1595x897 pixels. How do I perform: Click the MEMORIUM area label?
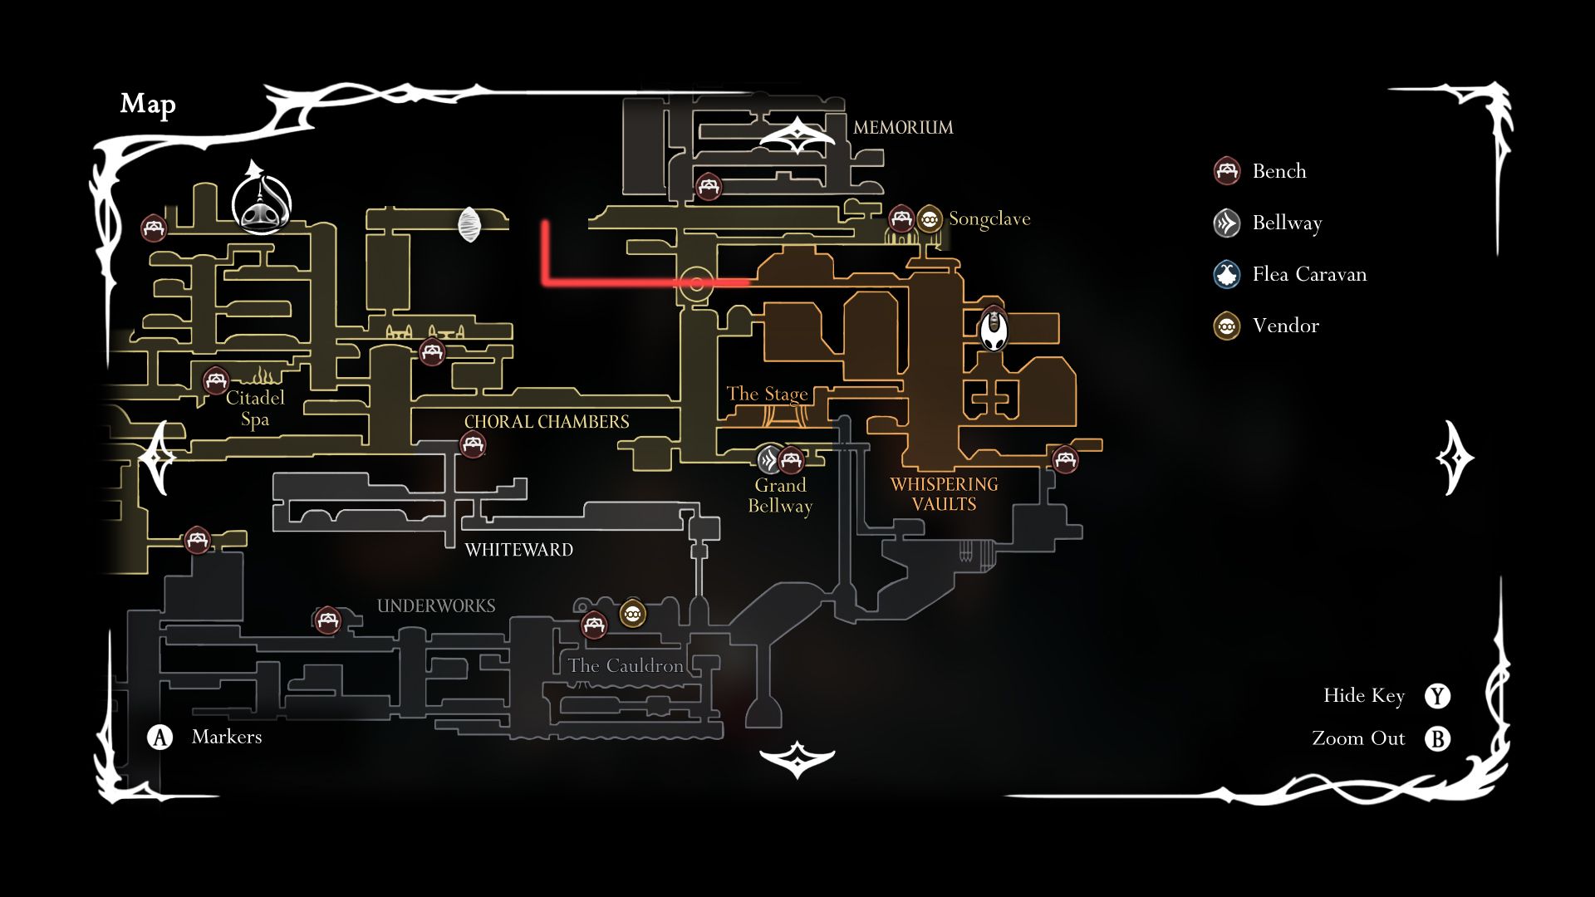pos(903,128)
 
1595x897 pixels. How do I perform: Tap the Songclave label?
pos(989,219)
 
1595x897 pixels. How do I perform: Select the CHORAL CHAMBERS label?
pos(547,422)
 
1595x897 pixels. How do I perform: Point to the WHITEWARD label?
pos(519,550)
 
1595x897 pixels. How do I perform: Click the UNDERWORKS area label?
pos(436,606)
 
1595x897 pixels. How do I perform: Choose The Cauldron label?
pos(626,666)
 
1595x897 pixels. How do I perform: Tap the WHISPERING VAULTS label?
pos(944,494)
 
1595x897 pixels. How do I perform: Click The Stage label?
pos(767,394)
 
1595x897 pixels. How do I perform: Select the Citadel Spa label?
pos(255,409)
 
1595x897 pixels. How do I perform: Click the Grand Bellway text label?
pos(780,496)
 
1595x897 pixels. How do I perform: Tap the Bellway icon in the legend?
pos(1227,223)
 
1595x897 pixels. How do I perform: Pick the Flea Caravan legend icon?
pos(1227,274)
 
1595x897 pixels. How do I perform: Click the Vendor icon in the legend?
pos(1227,326)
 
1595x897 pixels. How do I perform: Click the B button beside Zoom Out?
pos(1437,738)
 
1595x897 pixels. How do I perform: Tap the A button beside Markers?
pos(159,737)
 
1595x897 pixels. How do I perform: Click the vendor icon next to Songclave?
pos(930,219)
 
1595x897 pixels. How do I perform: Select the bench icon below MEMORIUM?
pos(708,186)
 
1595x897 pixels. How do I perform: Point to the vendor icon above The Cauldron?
pos(633,615)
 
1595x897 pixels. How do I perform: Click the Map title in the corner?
pos(148,104)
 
